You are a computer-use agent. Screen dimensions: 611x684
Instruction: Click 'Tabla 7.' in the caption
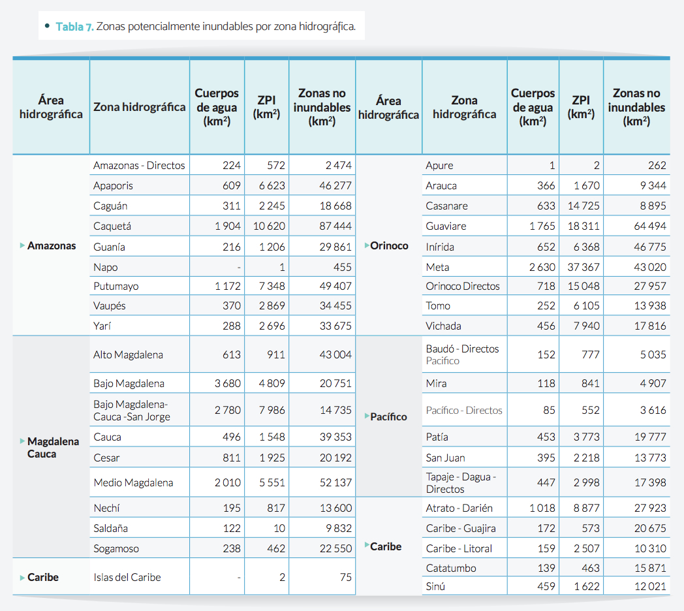[x=74, y=27]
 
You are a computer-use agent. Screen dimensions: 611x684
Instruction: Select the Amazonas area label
[x=52, y=246]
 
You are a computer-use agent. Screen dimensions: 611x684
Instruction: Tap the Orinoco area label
[x=389, y=246]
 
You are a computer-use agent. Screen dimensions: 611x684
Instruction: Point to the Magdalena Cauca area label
[x=53, y=448]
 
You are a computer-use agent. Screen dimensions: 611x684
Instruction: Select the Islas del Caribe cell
[x=127, y=577]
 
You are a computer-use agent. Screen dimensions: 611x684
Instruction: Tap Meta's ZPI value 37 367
[x=582, y=267]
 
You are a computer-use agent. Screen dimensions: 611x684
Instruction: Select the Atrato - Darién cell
[x=459, y=508]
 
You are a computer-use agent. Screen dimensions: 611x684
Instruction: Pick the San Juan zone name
[x=446, y=458]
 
